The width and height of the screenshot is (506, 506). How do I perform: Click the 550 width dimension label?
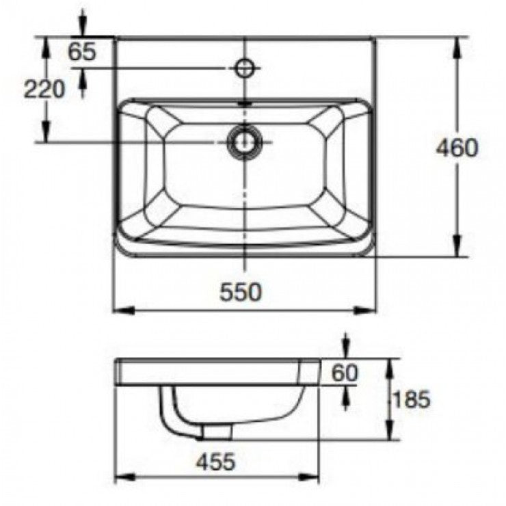tap(240, 292)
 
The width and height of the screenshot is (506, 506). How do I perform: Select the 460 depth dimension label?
tap(457, 148)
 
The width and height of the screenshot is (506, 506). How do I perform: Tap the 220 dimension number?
tap(44, 89)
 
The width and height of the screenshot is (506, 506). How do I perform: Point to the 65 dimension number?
tap(82, 52)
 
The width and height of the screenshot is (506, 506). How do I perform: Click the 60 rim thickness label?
tap(345, 373)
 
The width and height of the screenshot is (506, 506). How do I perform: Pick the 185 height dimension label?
tap(412, 399)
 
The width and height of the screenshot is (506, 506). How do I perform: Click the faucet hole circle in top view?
tap(244, 67)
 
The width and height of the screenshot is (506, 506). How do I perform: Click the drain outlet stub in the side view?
tap(217, 430)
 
